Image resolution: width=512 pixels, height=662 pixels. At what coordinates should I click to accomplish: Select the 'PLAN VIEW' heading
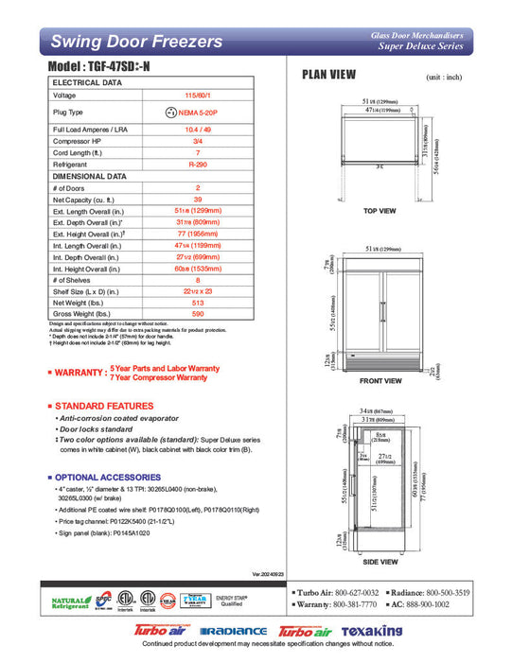(328, 75)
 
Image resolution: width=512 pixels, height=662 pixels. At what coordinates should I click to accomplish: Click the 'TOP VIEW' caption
(380, 211)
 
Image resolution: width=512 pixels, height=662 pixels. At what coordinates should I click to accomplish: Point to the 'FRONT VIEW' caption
(381, 381)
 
